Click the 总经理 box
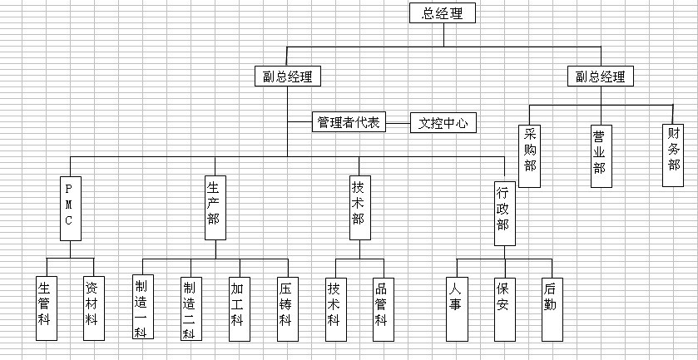pyautogui.click(x=443, y=13)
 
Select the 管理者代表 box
pyautogui.click(x=348, y=123)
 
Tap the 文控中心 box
pyautogui.click(x=443, y=123)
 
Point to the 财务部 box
pyautogui.click(x=672, y=147)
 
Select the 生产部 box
pyautogui.click(x=215, y=206)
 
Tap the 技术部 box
pyautogui.click(x=359, y=206)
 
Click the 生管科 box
pyautogui.click(x=46, y=308)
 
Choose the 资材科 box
pyautogui.click(x=94, y=308)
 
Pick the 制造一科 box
pyautogui.click(x=142, y=307)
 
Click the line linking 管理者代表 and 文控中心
pyautogui.click(x=398, y=123)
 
